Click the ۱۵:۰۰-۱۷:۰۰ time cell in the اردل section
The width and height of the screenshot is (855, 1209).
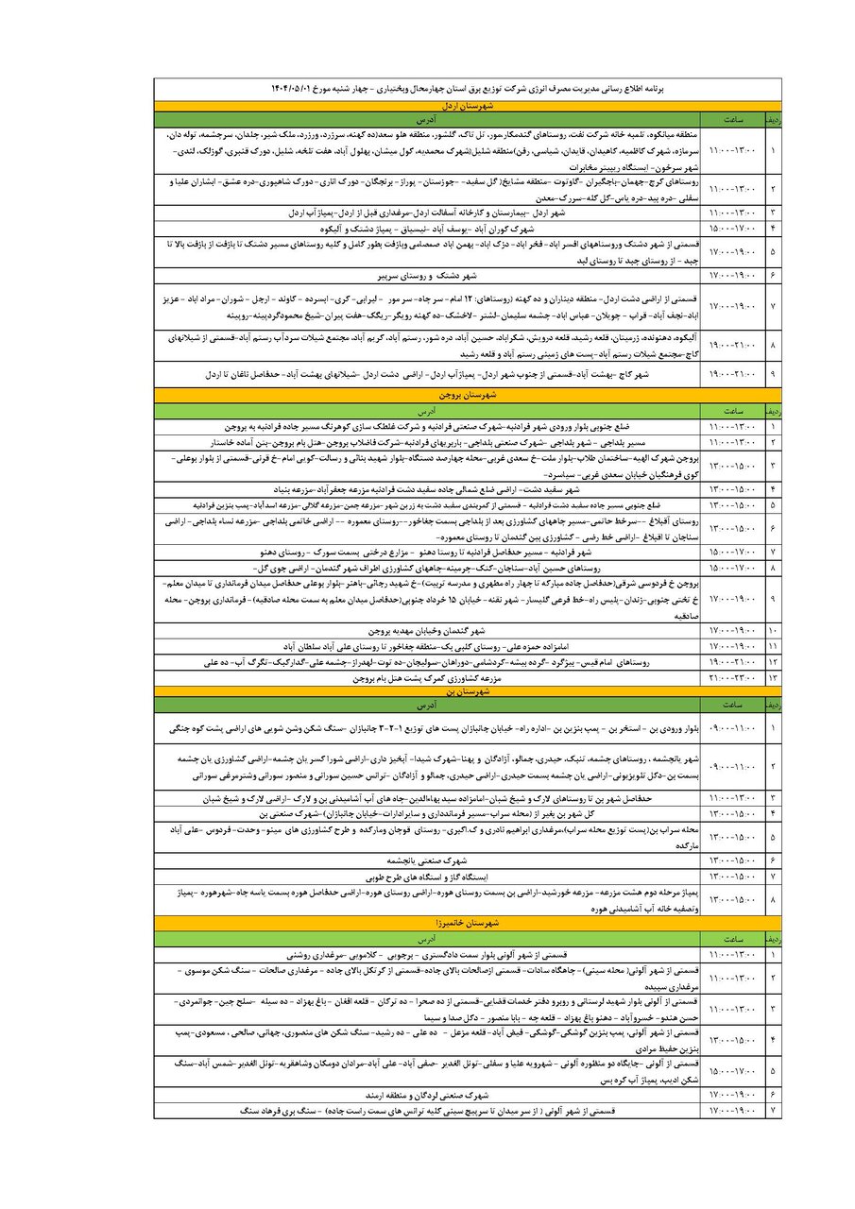[731, 230]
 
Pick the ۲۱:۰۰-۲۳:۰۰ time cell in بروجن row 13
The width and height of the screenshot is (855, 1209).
[731, 678]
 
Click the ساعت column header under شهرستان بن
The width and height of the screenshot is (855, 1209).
[731, 705]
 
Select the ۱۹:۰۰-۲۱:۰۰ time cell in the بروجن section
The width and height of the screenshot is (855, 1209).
[731, 663]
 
